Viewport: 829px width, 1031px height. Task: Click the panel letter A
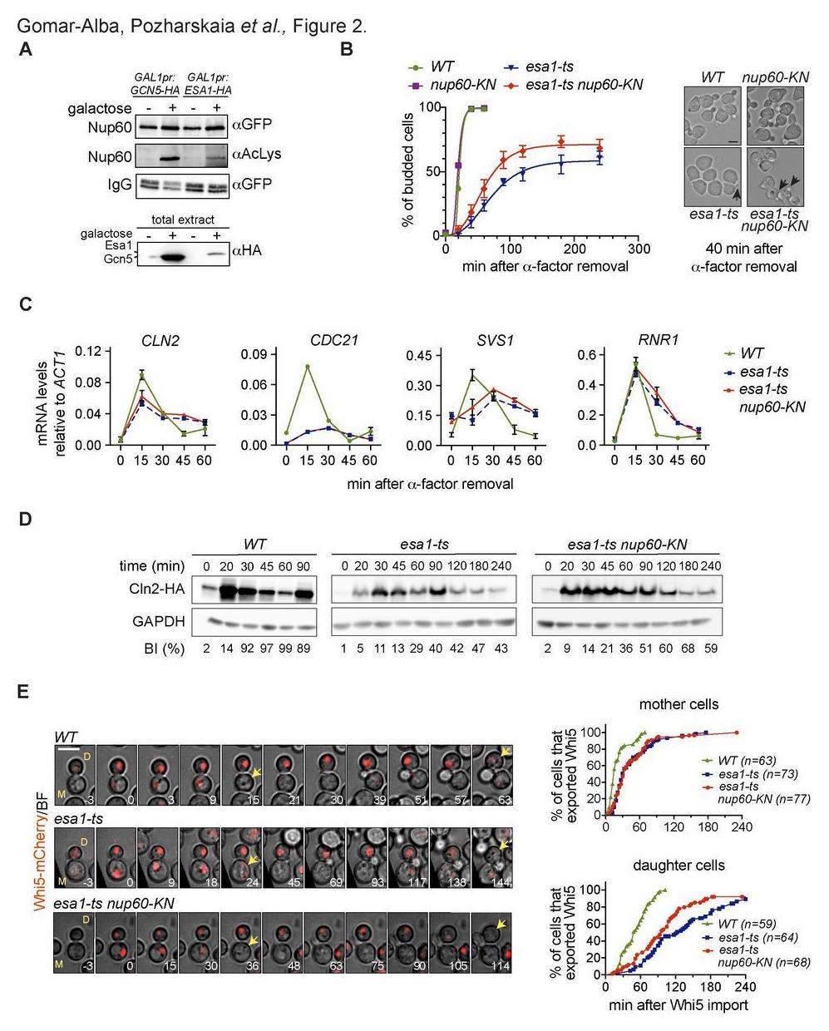coord(26,50)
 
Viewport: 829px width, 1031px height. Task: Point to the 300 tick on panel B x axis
coord(639,249)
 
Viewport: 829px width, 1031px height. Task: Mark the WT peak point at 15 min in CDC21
coord(308,366)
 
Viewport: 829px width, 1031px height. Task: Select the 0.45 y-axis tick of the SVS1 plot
coord(416,356)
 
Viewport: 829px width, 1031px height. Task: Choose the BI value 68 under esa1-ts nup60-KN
coord(688,649)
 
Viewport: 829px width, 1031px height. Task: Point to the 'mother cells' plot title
coord(678,704)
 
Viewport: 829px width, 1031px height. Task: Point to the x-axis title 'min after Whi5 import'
coord(679,1004)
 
